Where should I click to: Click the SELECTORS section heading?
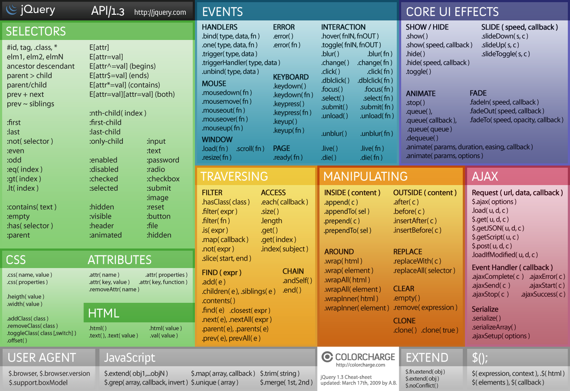[36, 31]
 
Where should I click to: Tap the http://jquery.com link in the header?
[160, 13]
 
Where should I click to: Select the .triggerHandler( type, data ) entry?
[241, 63]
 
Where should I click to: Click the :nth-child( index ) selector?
[118, 113]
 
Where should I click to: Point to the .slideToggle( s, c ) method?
[506, 54]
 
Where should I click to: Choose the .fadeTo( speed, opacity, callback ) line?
[516, 120]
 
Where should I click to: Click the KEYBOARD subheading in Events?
[291, 77]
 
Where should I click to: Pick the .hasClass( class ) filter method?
[226, 202]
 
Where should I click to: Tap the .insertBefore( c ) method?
[417, 230]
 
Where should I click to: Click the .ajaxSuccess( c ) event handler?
[543, 295]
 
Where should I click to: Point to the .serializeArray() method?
[494, 327]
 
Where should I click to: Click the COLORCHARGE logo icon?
[327, 357]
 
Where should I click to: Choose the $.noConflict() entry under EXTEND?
[422, 385]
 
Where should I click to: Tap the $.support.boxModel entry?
[38, 383]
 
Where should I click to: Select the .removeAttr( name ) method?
[114, 289]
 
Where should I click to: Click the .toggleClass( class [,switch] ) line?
[42, 333]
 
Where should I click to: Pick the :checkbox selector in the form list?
[163, 179]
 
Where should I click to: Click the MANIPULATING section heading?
[365, 176]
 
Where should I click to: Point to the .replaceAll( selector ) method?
[424, 271]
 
